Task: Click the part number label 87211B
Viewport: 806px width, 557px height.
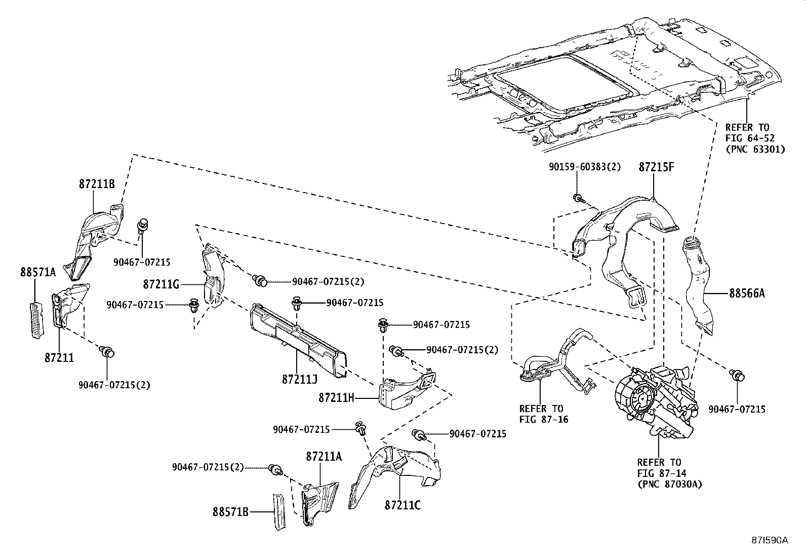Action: click(97, 184)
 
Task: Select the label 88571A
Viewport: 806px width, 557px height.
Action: click(38, 272)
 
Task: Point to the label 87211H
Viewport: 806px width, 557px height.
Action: click(336, 398)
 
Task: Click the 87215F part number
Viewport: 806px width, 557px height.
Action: click(656, 167)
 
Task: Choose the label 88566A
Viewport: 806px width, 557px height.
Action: click(747, 293)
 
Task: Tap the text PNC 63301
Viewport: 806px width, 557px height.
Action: click(755, 149)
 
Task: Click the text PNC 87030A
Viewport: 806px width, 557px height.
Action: click(669, 485)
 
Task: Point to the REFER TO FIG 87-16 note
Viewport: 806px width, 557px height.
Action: click(541, 414)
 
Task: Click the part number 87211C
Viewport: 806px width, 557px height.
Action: click(403, 505)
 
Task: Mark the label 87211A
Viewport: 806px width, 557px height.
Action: click(324, 457)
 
